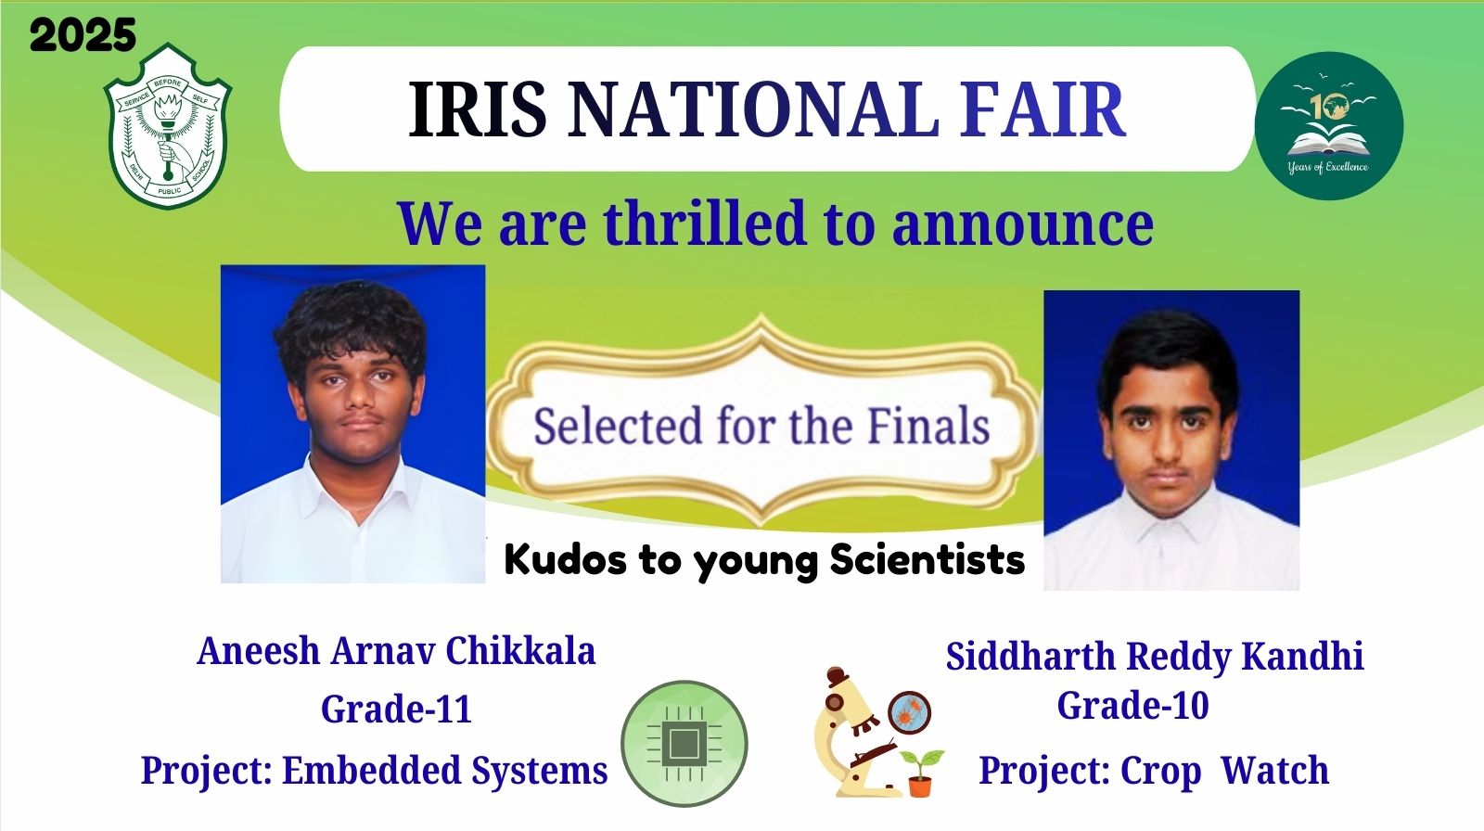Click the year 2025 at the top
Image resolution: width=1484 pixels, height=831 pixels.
pyautogui.click(x=83, y=36)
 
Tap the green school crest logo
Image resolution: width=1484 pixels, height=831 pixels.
pyautogui.click(x=168, y=126)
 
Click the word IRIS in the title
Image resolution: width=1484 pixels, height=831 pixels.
pyautogui.click(x=478, y=109)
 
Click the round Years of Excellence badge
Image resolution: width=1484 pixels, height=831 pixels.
pyautogui.click(x=1328, y=126)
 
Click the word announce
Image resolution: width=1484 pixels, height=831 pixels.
pyautogui.click(x=1022, y=225)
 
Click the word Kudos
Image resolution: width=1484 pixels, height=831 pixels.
pyautogui.click(x=566, y=559)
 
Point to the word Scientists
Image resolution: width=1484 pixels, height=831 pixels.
pyautogui.click(x=927, y=559)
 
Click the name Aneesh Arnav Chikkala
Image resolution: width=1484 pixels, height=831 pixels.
pyautogui.click(x=396, y=651)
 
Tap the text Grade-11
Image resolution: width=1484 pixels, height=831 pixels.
pyautogui.click(x=396, y=710)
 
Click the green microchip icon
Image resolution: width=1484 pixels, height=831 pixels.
pyautogui.click(x=684, y=743)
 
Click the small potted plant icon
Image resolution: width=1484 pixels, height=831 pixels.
pyautogui.click(x=920, y=772)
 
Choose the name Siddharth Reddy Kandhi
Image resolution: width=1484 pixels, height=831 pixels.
pyautogui.click(x=1155, y=657)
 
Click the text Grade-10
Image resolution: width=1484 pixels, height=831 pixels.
pyautogui.click(x=1132, y=706)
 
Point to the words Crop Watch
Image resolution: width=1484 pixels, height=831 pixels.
pyautogui.click(x=1224, y=770)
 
